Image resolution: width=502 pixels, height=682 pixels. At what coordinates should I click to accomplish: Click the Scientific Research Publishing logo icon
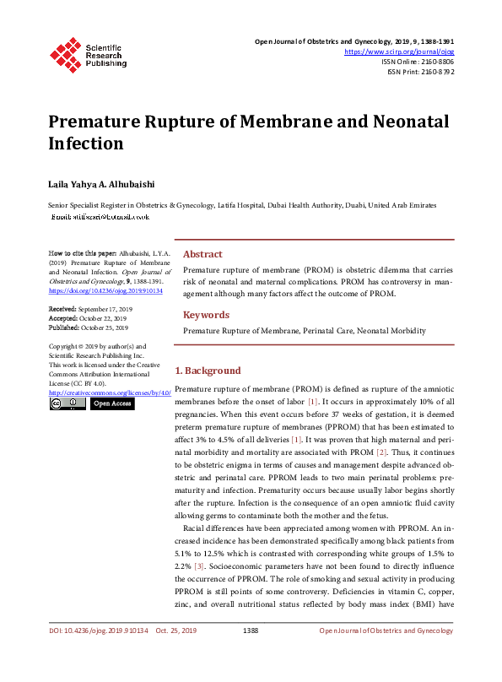pos(65,51)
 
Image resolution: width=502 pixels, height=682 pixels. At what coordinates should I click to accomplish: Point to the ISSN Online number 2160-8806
pos(435,62)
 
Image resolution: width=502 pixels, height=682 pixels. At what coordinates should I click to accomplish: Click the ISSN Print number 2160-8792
pos(436,72)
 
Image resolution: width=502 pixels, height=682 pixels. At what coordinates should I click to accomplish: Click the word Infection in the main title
pos(85,143)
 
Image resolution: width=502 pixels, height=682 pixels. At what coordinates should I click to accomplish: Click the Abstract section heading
pos(202,254)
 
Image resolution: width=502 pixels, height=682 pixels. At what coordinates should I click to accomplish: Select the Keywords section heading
pos(206,315)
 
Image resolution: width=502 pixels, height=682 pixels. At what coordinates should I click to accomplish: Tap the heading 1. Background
pos(208,371)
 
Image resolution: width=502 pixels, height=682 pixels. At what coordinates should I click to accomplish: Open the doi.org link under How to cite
pos(105,290)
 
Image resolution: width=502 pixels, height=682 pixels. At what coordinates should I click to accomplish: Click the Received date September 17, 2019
pos(105,311)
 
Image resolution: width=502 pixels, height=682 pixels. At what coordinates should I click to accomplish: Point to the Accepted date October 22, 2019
pos(103,319)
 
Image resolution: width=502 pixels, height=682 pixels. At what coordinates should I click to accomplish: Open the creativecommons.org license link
pos(110,392)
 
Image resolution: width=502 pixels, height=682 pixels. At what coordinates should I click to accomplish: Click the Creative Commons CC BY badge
pos(67,403)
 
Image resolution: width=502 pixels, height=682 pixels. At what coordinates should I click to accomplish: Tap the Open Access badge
pos(112,403)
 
